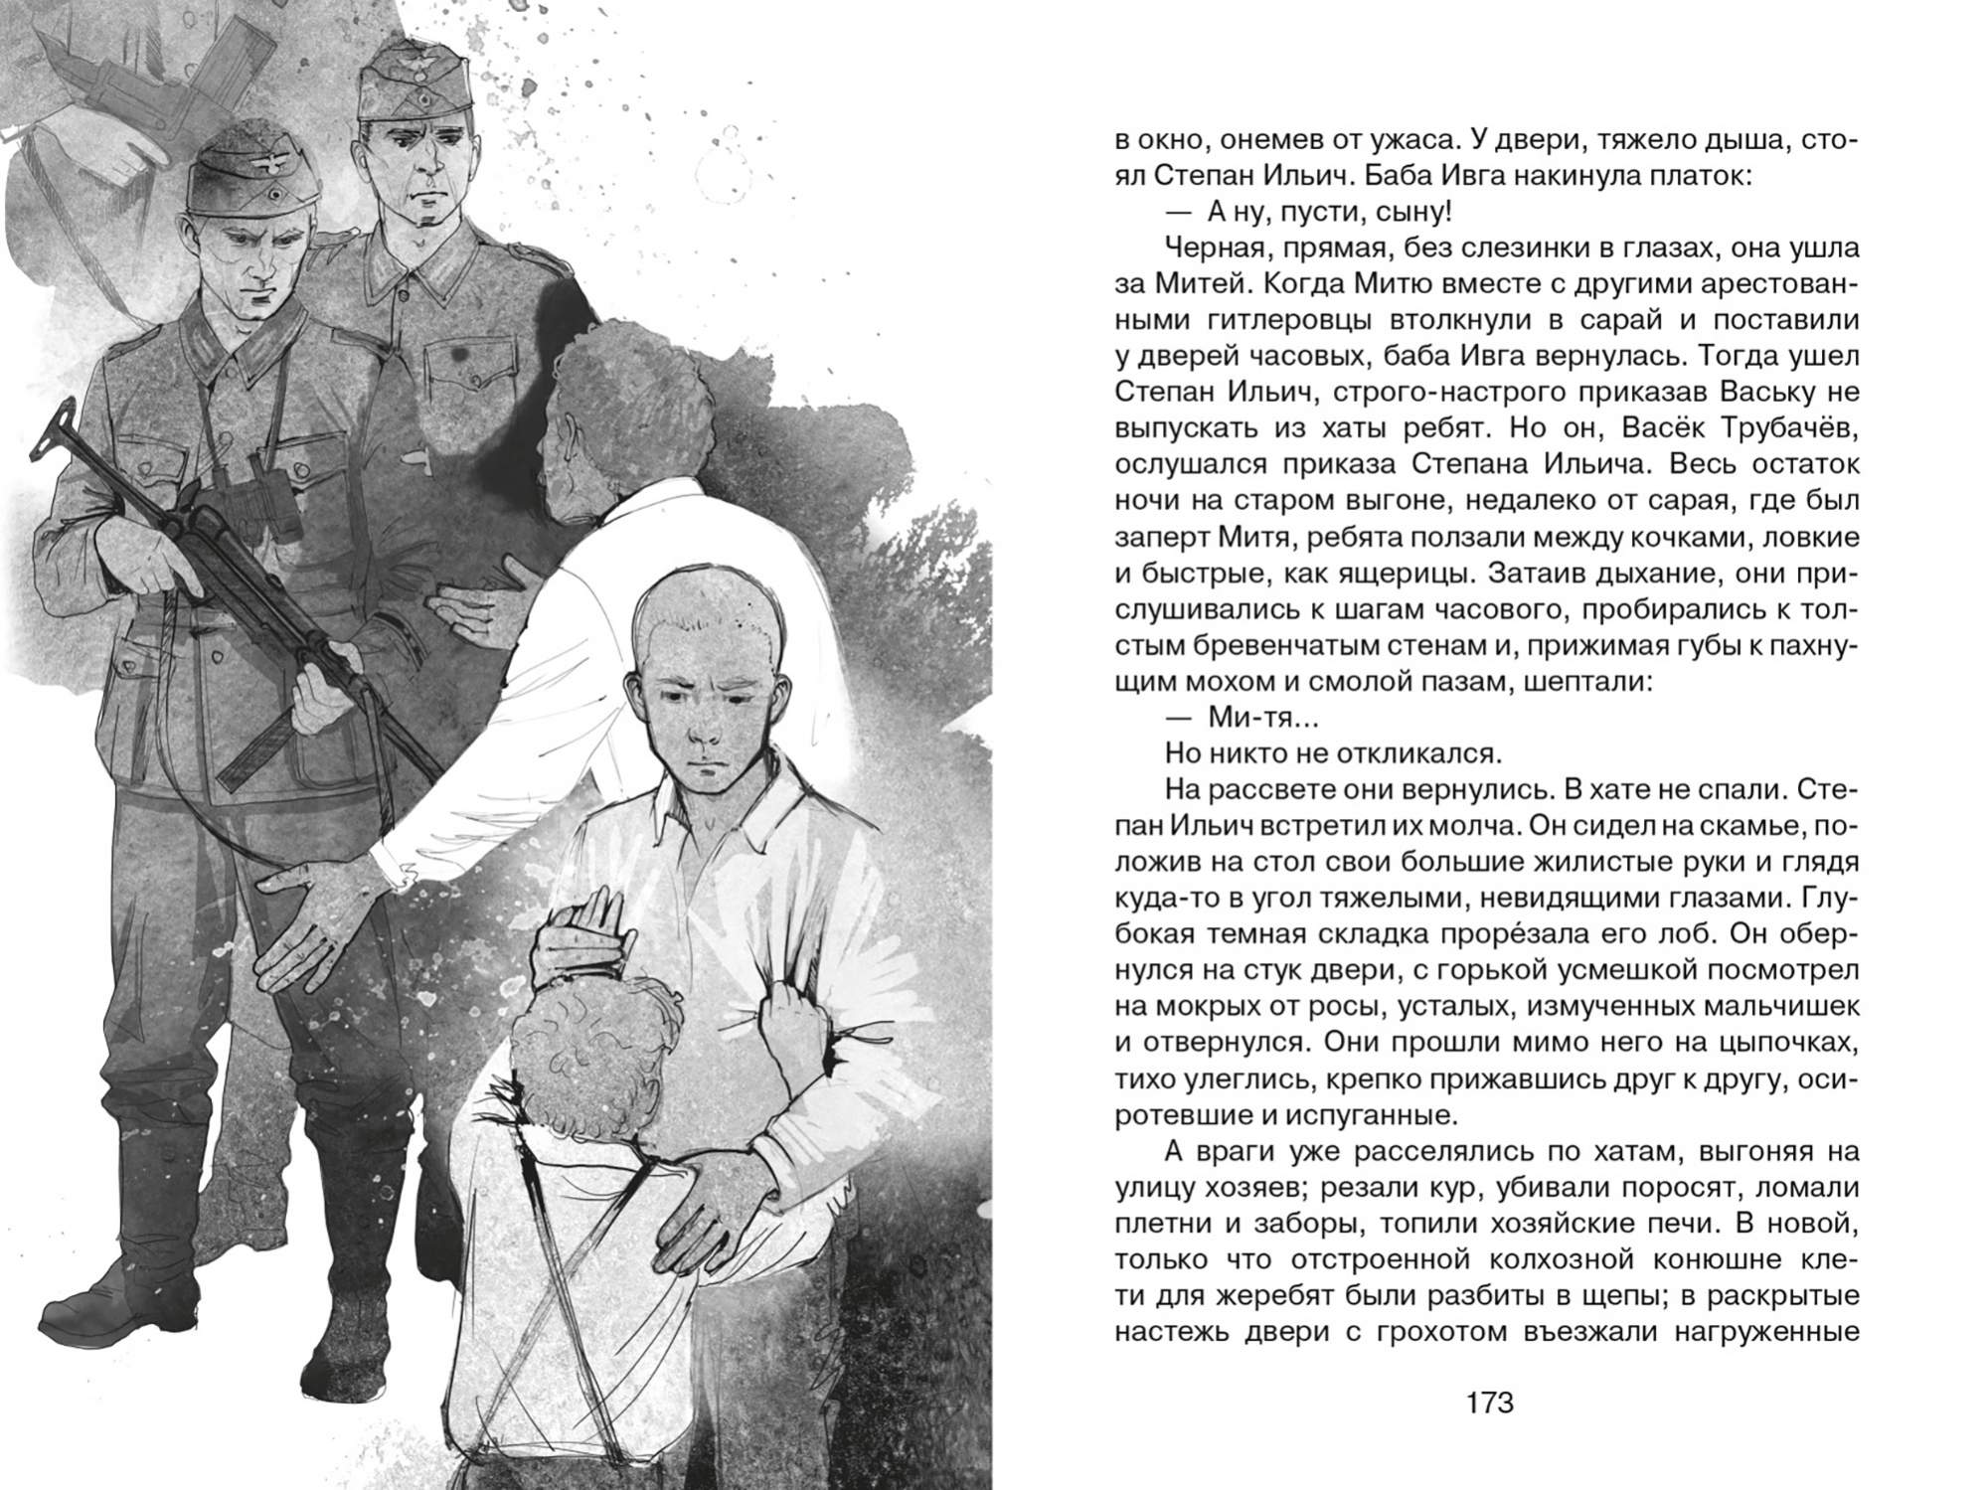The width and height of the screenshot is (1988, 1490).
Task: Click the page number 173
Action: click(x=1489, y=1403)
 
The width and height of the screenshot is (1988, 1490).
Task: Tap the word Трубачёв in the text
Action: click(x=1773, y=427)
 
